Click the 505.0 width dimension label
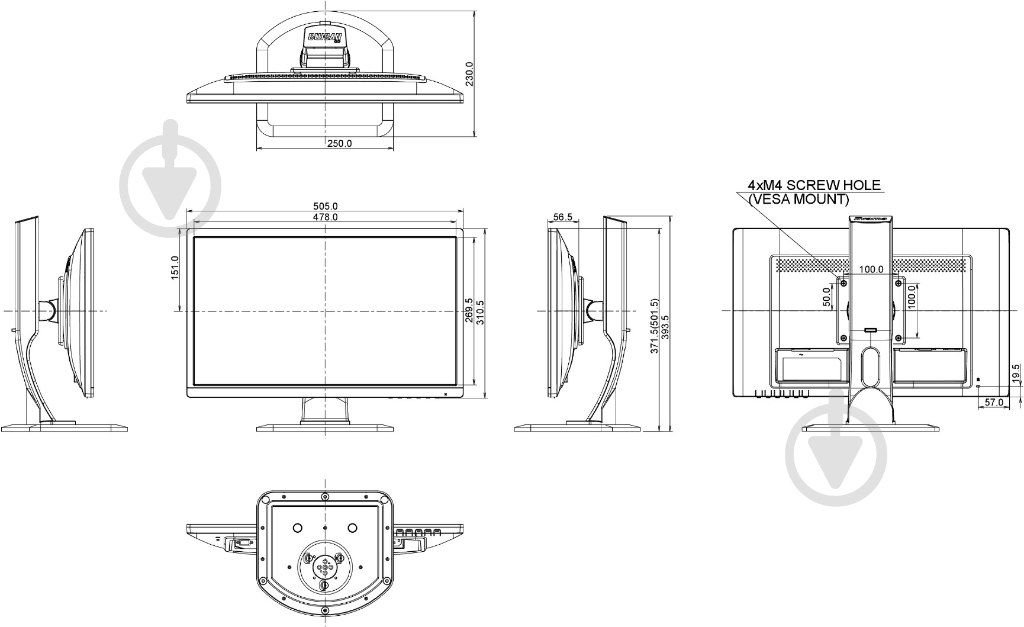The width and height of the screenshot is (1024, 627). coord(325,206)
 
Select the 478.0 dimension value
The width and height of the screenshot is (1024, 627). coord(325,217)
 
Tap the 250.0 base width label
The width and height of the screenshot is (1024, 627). coord(339,143)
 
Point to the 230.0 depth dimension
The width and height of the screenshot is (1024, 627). coord(469,74)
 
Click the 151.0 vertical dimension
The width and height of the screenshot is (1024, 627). coord(175,268)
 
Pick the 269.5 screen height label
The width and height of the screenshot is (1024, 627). coord(469,310)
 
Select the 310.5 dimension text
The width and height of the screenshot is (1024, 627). coord(480,313)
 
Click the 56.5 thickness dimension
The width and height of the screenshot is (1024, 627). coord(562,217)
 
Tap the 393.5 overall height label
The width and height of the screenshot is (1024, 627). coord(665,335)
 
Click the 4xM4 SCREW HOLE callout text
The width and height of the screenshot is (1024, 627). coord(814,185)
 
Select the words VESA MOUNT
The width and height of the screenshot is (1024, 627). coord(798,200)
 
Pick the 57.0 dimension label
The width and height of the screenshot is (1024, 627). coord(993,403)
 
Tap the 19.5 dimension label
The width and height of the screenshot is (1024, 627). coord(1016,375)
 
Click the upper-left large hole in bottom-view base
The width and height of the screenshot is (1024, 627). coord(297,528)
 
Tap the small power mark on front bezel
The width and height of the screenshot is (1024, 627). coord(445,393)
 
